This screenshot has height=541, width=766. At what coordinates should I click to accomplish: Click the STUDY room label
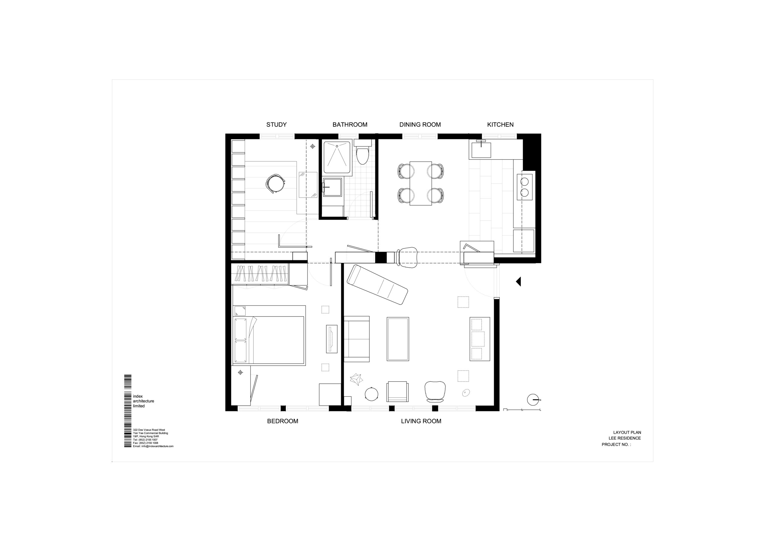pyautogui.click(x=276, y=125)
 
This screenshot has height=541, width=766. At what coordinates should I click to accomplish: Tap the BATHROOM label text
pyautogui.click(x=350, y=125)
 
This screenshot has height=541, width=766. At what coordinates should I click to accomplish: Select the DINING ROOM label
pyautogui.click(x=420, y=125)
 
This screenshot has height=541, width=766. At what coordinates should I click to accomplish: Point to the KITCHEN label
pyautogui.click(x=500, y=125)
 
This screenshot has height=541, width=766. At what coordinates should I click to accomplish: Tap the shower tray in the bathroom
pyautogui.click(x=337, y=157)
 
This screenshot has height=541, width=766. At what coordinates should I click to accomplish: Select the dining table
pyautogui.click(x=420, y=183)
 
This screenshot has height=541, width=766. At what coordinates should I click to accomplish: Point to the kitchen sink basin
pyautogui.click(x=481, y=150)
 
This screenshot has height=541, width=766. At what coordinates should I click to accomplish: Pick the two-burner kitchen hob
pyautogui.click(x=525, y=187)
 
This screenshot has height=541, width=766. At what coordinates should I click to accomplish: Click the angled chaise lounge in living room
pyautogui.click(x=377, y=285)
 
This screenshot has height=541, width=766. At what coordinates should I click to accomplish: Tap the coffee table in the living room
pyautogui.click(x=398, y=339)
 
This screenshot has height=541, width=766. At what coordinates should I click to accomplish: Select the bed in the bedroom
pyautogui.click(x=269, y=335)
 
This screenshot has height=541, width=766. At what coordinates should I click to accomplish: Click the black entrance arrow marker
pyautogui.click(x=519, y=281)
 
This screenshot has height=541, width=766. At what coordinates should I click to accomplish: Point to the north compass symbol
pyautogui.click(x=533, y=400)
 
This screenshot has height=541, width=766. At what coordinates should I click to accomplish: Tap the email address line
pyautogui.click(x=153, y=446)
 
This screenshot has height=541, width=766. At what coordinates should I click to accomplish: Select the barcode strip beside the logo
pyautogui.click(x=128, y=411)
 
